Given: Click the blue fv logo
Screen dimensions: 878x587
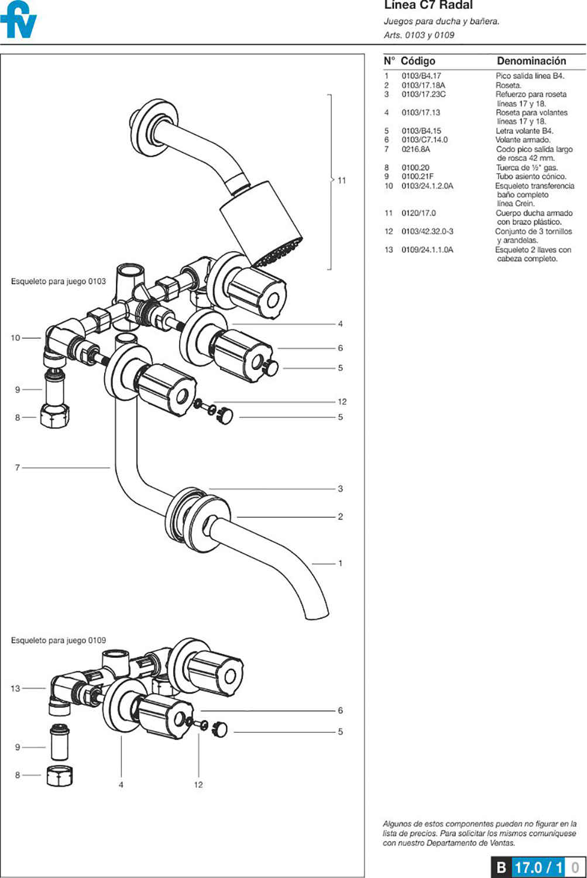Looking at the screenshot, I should (19, 21).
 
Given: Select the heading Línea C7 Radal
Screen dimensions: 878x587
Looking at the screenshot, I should (428, 5).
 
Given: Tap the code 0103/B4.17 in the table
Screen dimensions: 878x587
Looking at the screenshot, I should (421, 76).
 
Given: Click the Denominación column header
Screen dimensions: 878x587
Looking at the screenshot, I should (531, 61).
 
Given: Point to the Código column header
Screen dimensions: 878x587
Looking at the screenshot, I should (418, 61).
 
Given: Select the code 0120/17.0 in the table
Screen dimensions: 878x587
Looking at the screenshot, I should (418, 213).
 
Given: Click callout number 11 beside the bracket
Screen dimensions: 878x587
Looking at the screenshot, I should (342, 180).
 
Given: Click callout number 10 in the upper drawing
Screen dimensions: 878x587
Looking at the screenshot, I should (15, 338).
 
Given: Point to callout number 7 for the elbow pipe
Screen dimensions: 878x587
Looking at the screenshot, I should (18, 468).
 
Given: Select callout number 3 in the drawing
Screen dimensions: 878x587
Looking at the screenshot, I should (340, 489).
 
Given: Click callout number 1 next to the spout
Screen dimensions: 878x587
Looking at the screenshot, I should (340, 563).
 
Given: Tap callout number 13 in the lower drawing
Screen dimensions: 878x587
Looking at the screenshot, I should (15, 688).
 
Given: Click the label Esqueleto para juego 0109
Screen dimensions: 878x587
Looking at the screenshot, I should (59, 640).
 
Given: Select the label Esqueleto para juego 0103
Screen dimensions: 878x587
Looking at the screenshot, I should (59, 282).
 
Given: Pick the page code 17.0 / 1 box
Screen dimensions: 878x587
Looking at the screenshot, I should (538, 867).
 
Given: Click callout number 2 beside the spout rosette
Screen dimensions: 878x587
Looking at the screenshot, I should (340, 516).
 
